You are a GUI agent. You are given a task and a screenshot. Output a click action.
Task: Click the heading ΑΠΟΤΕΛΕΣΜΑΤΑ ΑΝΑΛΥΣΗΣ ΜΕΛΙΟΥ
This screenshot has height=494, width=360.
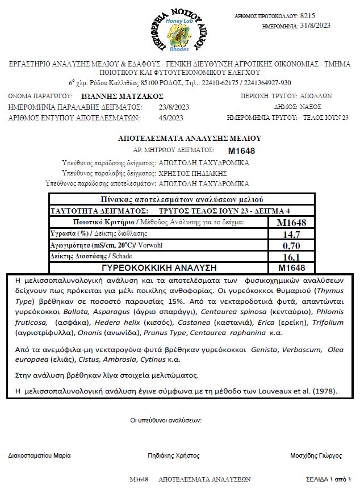(x=182, y=138)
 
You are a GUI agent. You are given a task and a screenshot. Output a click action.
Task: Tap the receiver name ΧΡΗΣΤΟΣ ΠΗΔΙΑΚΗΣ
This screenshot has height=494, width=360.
(x=192, y=173)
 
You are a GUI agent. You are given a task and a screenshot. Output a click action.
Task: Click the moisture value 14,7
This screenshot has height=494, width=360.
(x=291, y=234)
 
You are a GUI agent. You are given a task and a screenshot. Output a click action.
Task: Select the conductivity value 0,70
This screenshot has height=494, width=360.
(x=291, y=245)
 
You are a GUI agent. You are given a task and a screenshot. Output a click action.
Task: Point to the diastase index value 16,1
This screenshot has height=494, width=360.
(x=291, y=257)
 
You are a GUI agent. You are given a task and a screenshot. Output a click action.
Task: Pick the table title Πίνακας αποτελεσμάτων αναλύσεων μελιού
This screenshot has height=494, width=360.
(x=182, y=199)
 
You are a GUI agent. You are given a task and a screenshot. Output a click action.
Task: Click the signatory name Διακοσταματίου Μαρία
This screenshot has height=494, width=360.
(x=39, y=455)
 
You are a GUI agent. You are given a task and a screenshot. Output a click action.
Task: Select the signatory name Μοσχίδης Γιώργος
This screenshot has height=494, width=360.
(x=316, y=455)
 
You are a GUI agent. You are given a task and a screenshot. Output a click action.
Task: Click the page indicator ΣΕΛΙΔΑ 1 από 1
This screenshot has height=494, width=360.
(x=328, y=479)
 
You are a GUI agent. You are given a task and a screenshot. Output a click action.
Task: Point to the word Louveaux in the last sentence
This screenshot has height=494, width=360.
(x=284, y=391)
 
